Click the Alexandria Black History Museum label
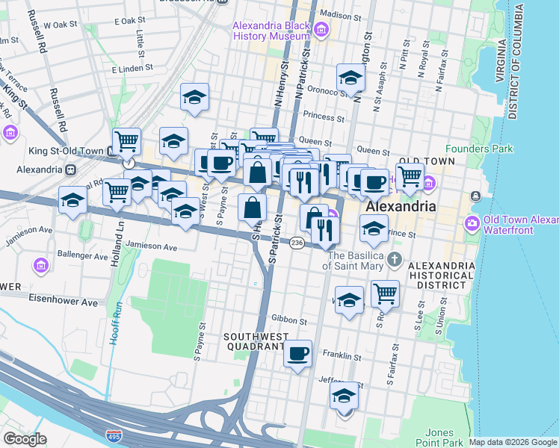point(271,31)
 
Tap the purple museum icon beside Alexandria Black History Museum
point(321,31)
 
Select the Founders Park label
point(479,149)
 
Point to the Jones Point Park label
point(439,438)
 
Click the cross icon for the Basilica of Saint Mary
point(395,261)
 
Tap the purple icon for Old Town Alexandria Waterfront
point(472,223)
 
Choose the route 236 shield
point(297,243)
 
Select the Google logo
point(25,439)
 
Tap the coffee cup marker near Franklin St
point(298,353)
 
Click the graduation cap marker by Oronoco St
point(350,77)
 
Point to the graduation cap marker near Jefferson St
point(345,395)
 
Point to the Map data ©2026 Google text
point(512,442)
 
